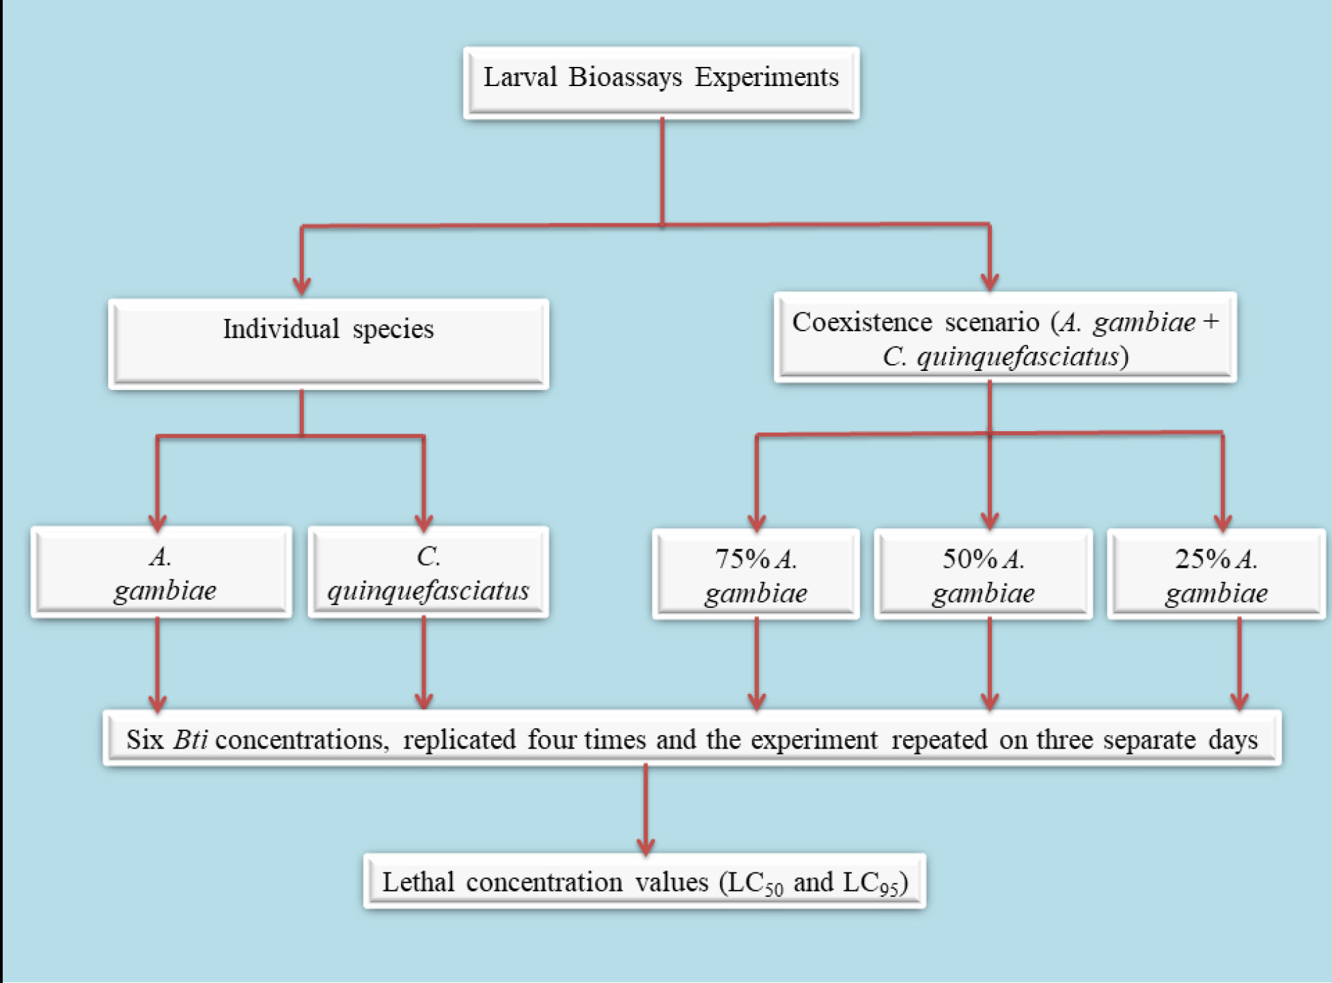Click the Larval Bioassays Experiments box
[661, 83]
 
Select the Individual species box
[328, 343]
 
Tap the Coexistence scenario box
[1005, 337]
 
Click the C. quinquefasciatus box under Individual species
[428, 572]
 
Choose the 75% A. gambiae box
[755, 574]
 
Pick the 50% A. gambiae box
[983, 574]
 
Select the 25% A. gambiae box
[1216, 574]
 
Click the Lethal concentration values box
[644, 881]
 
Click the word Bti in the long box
[190, 740]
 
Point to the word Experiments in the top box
[766, 77]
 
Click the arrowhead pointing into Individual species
[302, 284]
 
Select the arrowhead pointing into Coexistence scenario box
[990, 280]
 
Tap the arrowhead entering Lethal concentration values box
[646, 844]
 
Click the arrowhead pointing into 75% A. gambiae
[756, 521]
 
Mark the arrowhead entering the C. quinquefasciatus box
[424, 521]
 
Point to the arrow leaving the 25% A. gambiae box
[1239, 663]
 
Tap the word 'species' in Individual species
[393, 329]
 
